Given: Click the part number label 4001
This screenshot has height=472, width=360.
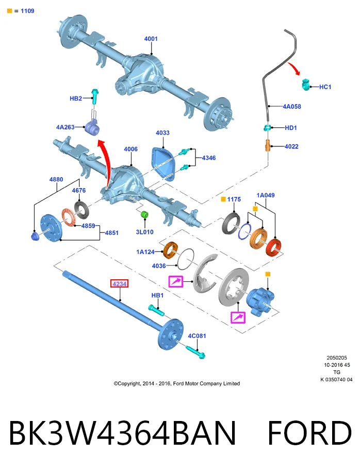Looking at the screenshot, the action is point(151,39).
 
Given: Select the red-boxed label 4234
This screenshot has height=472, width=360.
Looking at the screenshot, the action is point(119,283).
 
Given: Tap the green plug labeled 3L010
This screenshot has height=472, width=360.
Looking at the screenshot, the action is point(145,214).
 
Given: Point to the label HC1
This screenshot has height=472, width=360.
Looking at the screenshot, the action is point(325,87).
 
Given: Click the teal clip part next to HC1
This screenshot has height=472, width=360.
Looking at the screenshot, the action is point(306,85).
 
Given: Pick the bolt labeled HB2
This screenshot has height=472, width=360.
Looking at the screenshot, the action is point(94,96).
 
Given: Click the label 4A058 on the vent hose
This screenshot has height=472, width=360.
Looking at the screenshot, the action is point(291,106).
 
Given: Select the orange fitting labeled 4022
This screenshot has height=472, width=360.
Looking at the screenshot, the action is point(268,145).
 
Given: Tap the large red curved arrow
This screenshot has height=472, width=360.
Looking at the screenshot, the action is point(106,162).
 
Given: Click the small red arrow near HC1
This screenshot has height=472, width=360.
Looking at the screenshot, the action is point(294,69).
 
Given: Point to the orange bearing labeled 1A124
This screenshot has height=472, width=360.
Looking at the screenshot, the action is point(170,250).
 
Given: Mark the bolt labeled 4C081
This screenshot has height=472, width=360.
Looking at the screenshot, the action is point(195,352).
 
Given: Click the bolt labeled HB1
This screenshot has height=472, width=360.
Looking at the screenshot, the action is point(156,310).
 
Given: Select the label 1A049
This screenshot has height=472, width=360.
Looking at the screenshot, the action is point(266,195).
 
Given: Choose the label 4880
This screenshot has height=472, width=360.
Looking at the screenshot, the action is point(56,179).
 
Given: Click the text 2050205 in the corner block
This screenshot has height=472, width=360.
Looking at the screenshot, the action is point(336,358).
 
